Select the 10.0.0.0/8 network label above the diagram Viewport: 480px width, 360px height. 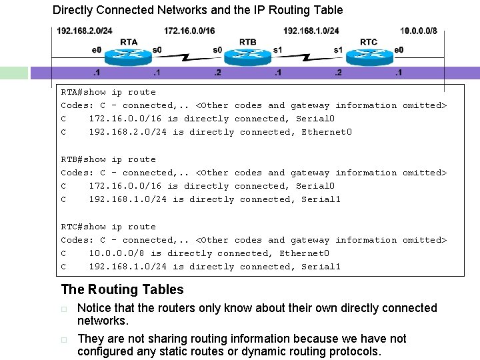(419, 31)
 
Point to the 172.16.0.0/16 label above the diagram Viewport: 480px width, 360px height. (189, 31)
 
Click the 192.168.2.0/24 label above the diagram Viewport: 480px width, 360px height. (85, 31)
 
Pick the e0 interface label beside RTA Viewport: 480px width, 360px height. (97, 50)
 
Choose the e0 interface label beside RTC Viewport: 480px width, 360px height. (399, 50)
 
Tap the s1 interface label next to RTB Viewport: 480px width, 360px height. (278, 50)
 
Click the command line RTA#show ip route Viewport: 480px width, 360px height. (108, 92)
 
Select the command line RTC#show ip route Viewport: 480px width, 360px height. (108, 227)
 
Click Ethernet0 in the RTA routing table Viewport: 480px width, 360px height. (327, 132)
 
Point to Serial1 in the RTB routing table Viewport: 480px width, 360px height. (321, 199)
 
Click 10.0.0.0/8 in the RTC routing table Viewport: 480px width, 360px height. (117, 253)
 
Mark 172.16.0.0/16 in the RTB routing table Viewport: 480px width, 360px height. (125, 186)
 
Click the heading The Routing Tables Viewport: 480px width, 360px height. (122, 289)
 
